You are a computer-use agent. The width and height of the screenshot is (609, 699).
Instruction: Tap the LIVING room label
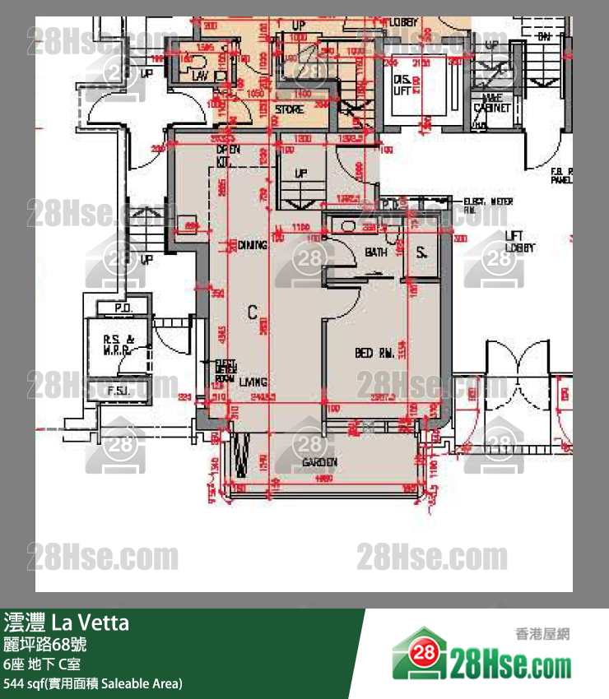point(253,382)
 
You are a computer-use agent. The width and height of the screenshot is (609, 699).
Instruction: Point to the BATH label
point(376,252)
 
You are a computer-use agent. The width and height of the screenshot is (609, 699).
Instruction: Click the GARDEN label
point(320,462)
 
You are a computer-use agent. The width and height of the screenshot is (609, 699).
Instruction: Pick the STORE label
point(289,109)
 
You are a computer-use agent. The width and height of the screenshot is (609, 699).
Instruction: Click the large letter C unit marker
point(253,311)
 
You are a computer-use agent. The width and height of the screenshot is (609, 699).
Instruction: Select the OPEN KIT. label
point(227,155)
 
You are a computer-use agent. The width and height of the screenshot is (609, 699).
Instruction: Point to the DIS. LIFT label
point(402,85)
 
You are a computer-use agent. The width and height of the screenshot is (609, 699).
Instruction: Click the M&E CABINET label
point(493,103)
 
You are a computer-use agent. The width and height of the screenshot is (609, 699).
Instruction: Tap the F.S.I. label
point(120,391)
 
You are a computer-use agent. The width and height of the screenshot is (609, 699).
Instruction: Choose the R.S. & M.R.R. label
point(119,343)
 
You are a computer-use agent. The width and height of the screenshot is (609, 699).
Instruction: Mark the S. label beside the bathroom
point(421,252)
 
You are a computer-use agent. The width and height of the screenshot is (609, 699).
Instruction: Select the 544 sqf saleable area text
point(93,683)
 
